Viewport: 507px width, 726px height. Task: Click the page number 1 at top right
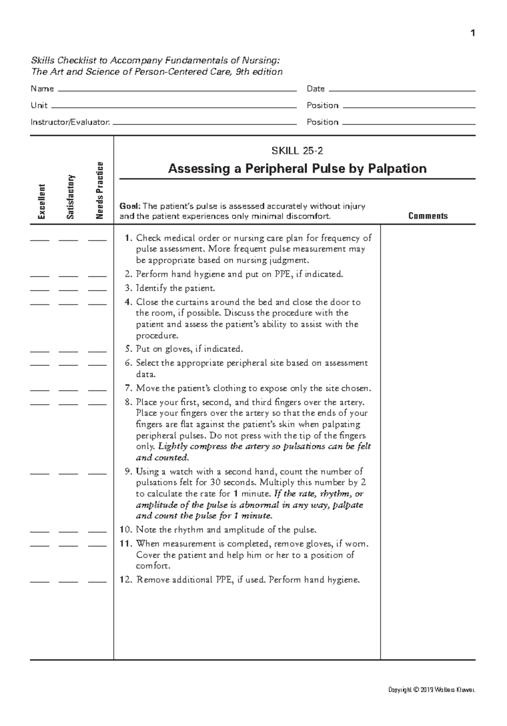473,33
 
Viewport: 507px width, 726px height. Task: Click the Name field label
42,89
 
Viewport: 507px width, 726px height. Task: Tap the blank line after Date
401,90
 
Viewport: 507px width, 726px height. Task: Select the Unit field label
39,105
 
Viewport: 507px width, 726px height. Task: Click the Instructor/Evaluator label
70,122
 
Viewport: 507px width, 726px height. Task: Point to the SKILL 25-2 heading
297,151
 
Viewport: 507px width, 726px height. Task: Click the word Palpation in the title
397,169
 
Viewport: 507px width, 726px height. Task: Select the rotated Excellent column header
41,202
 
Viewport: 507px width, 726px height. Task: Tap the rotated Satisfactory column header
71,197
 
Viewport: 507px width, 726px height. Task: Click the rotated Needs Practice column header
100,191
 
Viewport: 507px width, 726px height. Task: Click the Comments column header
428,216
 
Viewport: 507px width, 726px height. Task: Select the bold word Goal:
130,206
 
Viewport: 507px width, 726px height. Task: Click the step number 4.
128,302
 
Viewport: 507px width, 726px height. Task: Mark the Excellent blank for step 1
40,240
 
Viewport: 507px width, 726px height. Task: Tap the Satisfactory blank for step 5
68,351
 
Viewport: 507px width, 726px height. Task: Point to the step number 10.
125,530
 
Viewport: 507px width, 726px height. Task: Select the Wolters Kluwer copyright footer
431,690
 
